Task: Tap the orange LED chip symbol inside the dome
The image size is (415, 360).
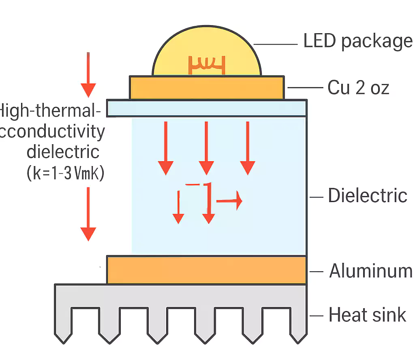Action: tap(206, 65)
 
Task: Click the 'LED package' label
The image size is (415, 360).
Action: tap(357, 41)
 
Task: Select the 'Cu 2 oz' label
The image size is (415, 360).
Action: tap(358, 87)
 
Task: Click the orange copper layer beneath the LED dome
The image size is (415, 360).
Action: tap(206, 87)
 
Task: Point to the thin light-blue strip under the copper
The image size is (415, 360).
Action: tap(206, 108)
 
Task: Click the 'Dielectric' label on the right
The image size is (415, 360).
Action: tap(367, 196)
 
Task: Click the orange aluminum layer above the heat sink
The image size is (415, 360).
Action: tap(206, 270)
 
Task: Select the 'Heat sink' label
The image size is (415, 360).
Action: tap(367, 315)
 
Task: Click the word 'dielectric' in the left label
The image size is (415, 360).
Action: tap(63, 152)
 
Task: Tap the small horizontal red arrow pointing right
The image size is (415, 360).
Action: tap(229, 200)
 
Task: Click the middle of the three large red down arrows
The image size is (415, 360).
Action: tap(206, 148)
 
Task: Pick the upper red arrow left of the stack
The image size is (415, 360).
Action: tap(88, 75)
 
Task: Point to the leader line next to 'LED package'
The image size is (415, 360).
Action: tap(276, 44)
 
